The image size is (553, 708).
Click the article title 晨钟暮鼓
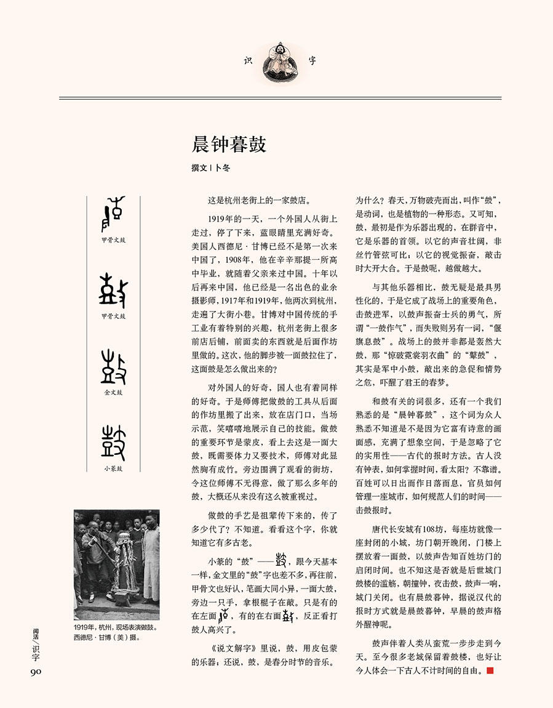coord(229,145)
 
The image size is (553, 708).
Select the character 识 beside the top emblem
coord(249,60)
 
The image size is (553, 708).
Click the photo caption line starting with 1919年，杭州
coord(116,628)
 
